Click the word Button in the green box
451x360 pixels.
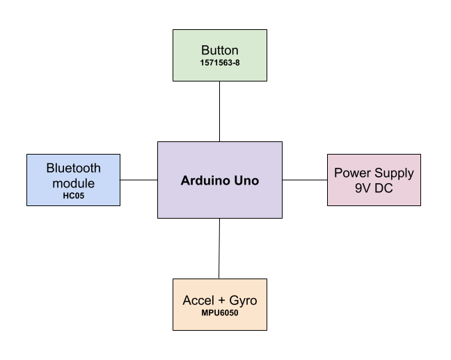tap(219, 50)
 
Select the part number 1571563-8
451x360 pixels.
tap(219, 63)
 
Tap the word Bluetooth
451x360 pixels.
tap(73, 168)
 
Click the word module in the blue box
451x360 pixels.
tap(73, 183)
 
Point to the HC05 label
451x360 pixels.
tap(73, 196)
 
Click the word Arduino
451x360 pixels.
tap(205, 180)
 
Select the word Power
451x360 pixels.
tap(350, 173)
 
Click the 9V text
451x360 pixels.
tap(362, 187)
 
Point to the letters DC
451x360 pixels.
tap(384, 187)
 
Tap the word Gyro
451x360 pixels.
tap(244, 301)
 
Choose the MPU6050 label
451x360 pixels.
tap(219, 313)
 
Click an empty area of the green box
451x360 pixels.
tap(188, 73)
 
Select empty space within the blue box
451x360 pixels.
tap(38, 198)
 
